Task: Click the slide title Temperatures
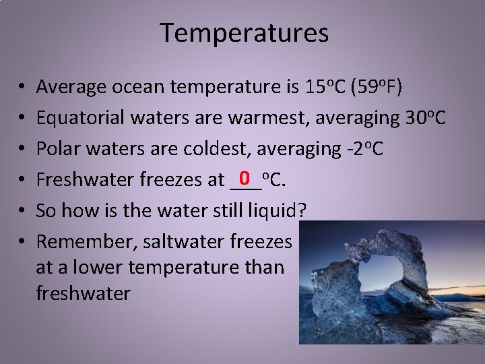244,32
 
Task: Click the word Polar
56,148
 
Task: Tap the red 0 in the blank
245,178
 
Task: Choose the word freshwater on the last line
83,293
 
